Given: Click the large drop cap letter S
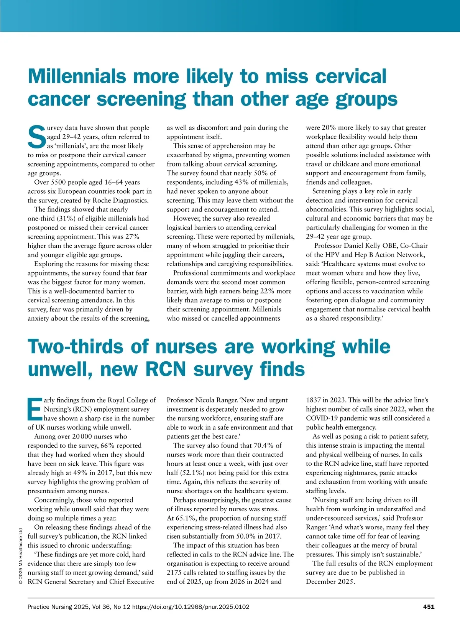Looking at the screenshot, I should click(x=37, y=137).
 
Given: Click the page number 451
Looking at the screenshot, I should click(x=429, y=606).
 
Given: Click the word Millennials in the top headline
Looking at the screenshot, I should click(x=77, y=76).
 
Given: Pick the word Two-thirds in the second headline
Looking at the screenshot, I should click(x=76, y=346).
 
